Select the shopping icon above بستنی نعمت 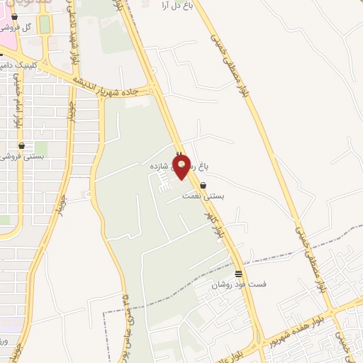(203, 185)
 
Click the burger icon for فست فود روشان (238, 274)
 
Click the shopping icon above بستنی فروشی (21, 145)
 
